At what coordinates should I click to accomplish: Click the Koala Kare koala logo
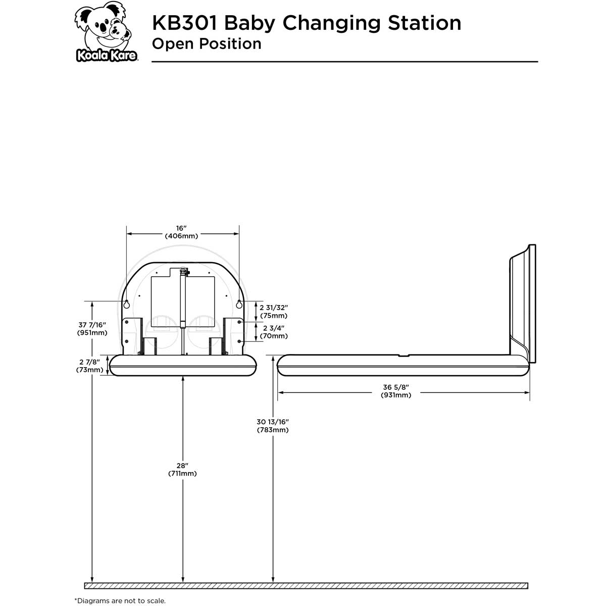(107, 33)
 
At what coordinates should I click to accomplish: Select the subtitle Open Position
(207, 44)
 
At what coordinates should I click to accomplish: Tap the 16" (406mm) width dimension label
(181, 232)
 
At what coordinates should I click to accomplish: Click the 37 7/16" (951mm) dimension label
(92, 329)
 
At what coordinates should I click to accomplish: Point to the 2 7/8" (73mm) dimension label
(89, 366)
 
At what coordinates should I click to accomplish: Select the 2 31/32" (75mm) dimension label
(273, 312)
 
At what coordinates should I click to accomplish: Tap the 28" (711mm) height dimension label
(182, 469)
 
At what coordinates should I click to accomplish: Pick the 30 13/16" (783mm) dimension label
(273, 426)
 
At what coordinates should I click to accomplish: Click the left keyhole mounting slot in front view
(127, 304)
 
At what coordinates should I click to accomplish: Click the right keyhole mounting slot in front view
(239, 304)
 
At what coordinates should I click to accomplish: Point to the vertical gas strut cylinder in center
(182, 303)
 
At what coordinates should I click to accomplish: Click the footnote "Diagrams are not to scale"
(120, 600)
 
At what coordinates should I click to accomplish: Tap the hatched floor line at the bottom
(306, 586)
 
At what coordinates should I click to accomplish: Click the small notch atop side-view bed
(404, 356)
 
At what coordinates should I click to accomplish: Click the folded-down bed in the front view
(182, 365)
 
